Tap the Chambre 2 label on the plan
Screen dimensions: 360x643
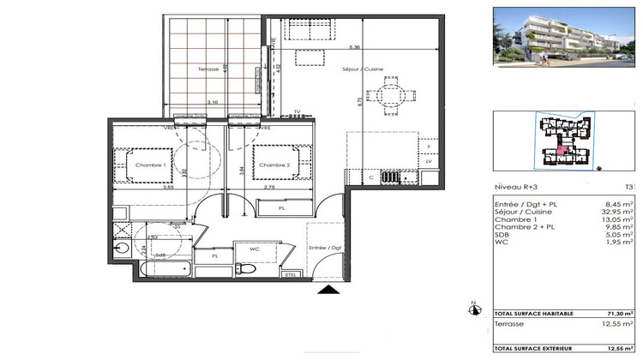click(x=275, y=165)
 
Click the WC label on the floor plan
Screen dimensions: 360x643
click(x=255, y=249)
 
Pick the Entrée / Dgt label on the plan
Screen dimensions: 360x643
click(x=324, y=248)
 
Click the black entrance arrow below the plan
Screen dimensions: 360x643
click(x=328, y=291)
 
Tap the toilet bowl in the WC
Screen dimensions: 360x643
click(x=247, y=268)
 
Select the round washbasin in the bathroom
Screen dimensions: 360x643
click(x=120, y=249)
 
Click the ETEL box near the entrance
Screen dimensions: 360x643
click(x=291, y=274)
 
